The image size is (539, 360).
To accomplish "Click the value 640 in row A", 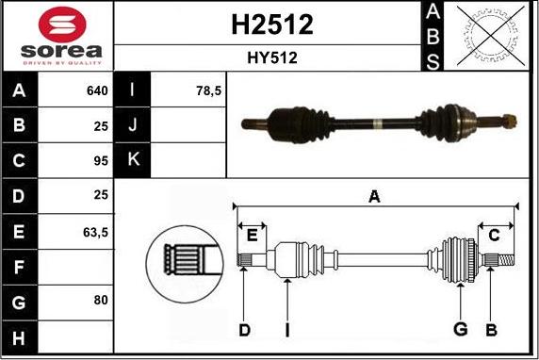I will click(x=97, y=91).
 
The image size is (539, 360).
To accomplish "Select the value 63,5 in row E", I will click(x=95, y=230).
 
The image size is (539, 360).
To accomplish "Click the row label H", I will click(x=19, y=335).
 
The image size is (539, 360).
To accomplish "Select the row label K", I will click(x=133, y=160).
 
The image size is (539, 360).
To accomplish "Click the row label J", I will click(x=133, y=125).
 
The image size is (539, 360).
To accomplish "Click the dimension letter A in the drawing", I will click(x=374, y=196).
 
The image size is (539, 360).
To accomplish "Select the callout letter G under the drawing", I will click(x=461, y=328).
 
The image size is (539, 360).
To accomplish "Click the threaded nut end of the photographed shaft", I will click(x=509, y=120).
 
